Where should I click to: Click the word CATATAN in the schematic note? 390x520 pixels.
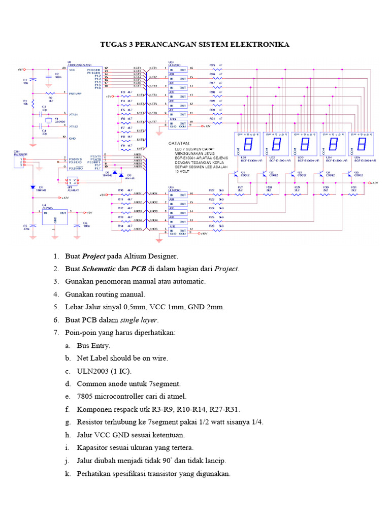178,144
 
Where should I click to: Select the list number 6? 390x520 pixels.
56,320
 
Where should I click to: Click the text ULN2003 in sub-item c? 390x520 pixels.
92,371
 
